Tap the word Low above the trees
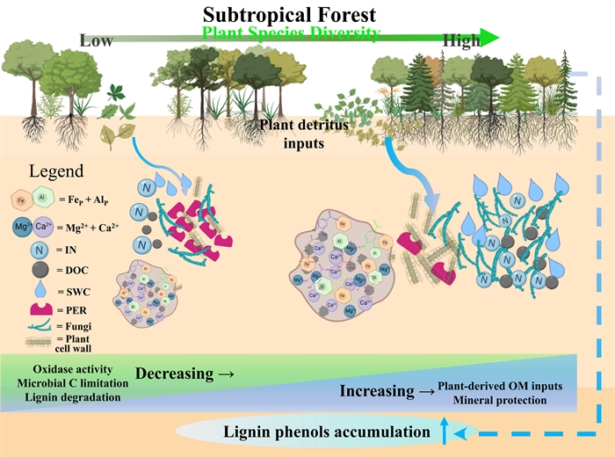point(97,40)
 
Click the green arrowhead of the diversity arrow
point(491,37)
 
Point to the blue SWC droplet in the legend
point(27,288)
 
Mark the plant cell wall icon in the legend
point(28,342)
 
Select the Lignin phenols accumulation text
point(327,432)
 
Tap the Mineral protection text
point(500,401)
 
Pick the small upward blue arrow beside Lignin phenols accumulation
point(444,430)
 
